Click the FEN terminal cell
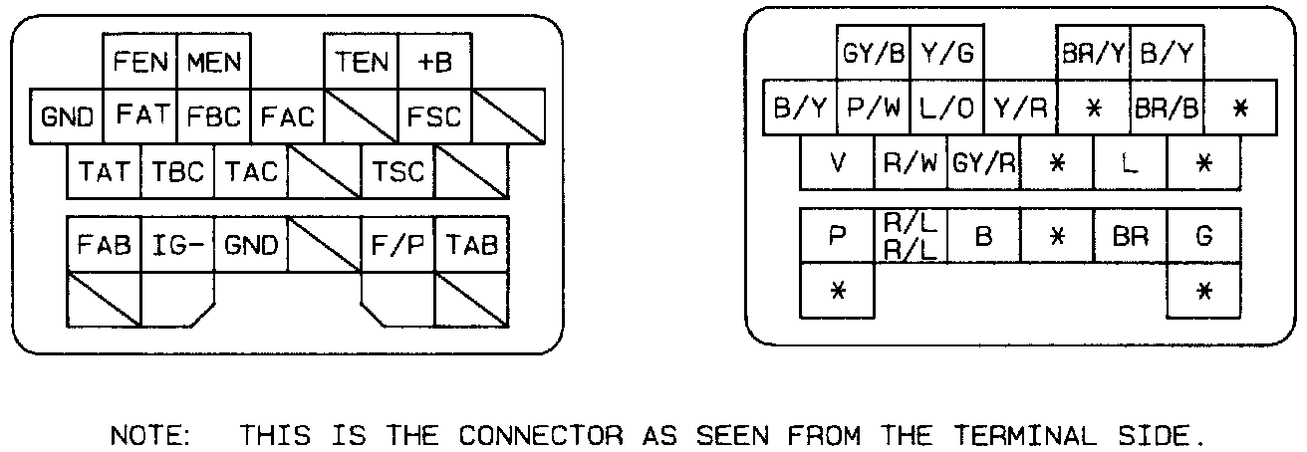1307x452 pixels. click(x=140, y=63)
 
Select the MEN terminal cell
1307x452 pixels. click(x=214, y=63)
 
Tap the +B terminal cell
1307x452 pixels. click(x=435, y=63)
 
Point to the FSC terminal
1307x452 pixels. click(x=435, y=116)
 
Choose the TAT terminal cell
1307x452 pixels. click(x=104, y=171)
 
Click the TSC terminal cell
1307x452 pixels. click(x=398, y=171)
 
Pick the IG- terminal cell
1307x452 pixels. click(x=178, y=244)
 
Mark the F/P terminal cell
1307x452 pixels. click(x=398, y=244)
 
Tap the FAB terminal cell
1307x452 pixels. click(x=104, y=244)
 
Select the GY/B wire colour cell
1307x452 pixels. click(x=873, y=55)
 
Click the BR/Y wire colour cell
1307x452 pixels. click(x=1094, y=55)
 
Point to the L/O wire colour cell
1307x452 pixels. click(x=946, y=109)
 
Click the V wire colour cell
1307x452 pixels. click(x=837, y=162)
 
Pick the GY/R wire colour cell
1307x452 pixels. click(x=984, y=162)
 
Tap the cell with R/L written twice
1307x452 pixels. click(x=911, y=236)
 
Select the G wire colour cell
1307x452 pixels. click(x=1204, y=236)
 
